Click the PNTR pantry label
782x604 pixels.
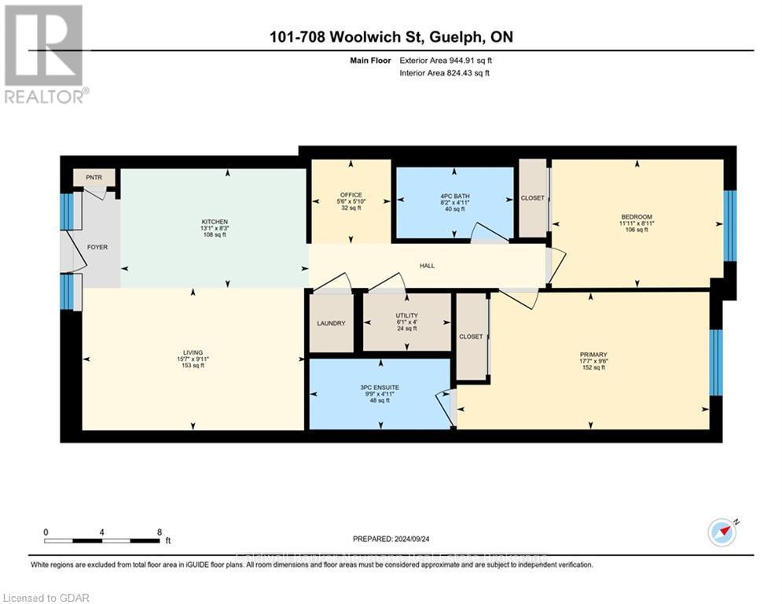pyautogui.click(x=94, y=178)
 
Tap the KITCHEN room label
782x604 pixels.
pyautogui.click(x=214, y=222)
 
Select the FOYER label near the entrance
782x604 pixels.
pyautogui.click(x=97, y=247)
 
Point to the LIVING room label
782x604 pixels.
pyautogui.click(x=193, y=352)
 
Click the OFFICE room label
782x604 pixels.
pyautogui.click(x=351, y=194)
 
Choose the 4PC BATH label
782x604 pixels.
pyautogui.click(x=453, y=194)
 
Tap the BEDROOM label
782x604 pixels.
pyautogui.click(x=636, y=217)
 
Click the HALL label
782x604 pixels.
pyautogui.click(x=427, y=266)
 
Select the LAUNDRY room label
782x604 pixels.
pyautogui.click(x=331, y=323)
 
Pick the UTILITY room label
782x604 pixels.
pyautogui.click(x=406, y=315)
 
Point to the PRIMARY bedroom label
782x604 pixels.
pyautogui.click(x=593, y=355)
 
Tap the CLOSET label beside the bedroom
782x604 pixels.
pyautogui.click(x=532, y=198)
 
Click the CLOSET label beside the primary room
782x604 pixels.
pyautogui.click(x=471, y=337)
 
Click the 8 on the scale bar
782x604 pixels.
pyautogui.click(x=160, y=532)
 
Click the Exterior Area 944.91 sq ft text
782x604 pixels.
pyautogui.click(x=446, y=60)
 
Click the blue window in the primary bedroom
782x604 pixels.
pyautogui.click(x=715, y=363)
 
